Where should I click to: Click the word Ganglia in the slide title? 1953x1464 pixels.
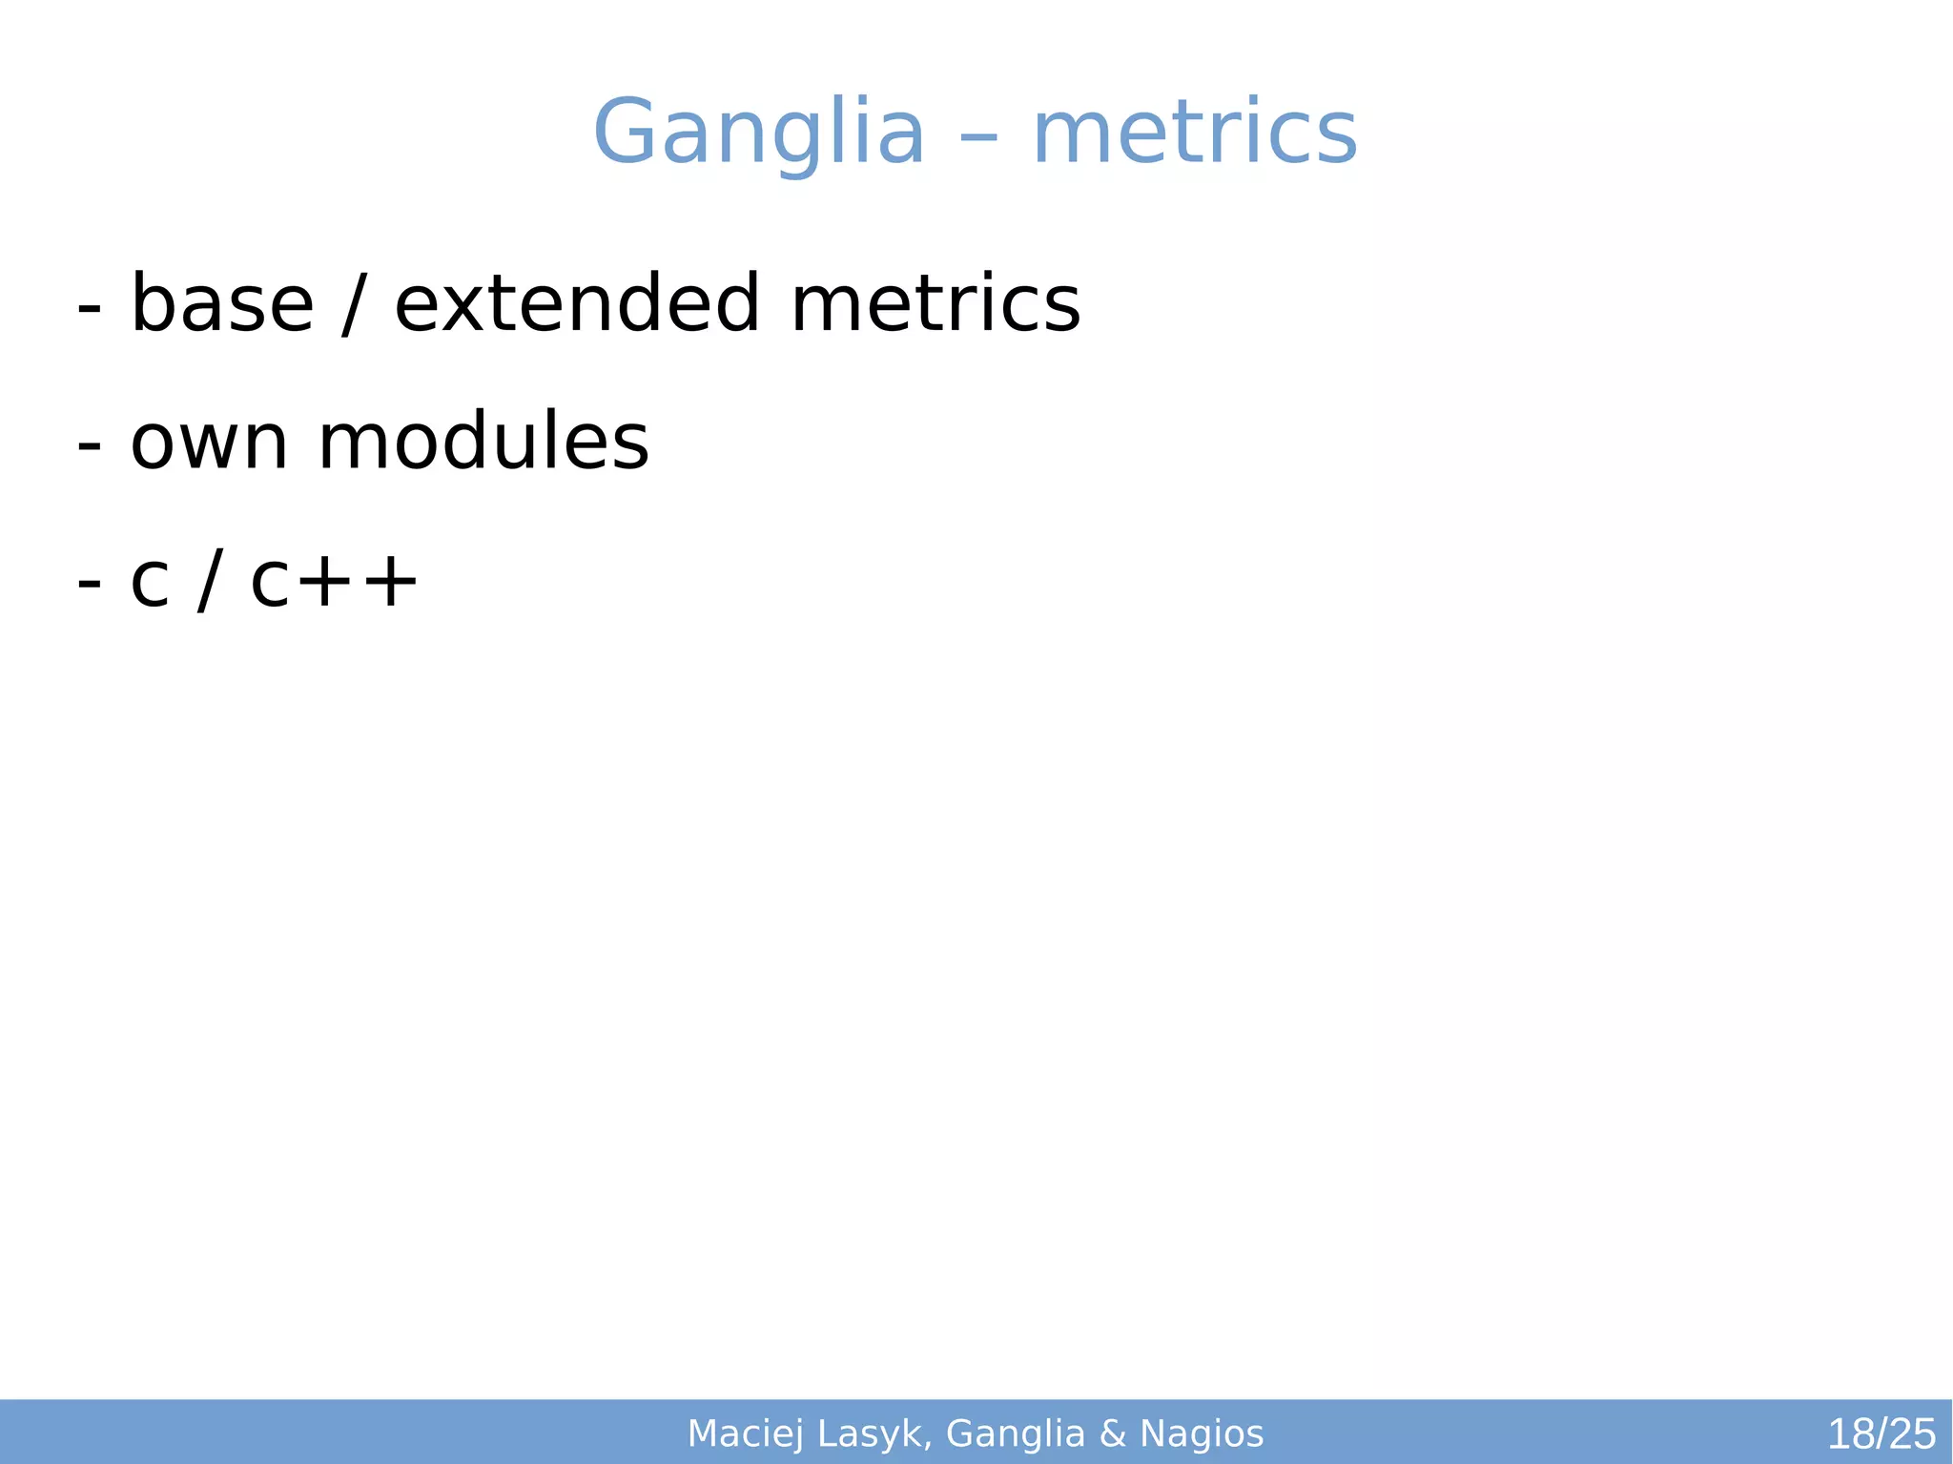759,134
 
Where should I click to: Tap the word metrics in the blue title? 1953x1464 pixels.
1195,134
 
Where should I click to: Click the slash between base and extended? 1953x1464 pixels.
354,305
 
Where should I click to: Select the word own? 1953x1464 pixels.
209,443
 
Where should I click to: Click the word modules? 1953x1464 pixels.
483,443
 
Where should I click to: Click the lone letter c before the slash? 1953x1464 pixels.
150,584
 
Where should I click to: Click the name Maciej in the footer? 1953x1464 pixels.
746,1434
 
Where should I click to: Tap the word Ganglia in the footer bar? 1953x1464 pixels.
1016,1434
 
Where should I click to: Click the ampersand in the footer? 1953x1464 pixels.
1112,1434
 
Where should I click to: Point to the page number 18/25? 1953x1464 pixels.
1881,1434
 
